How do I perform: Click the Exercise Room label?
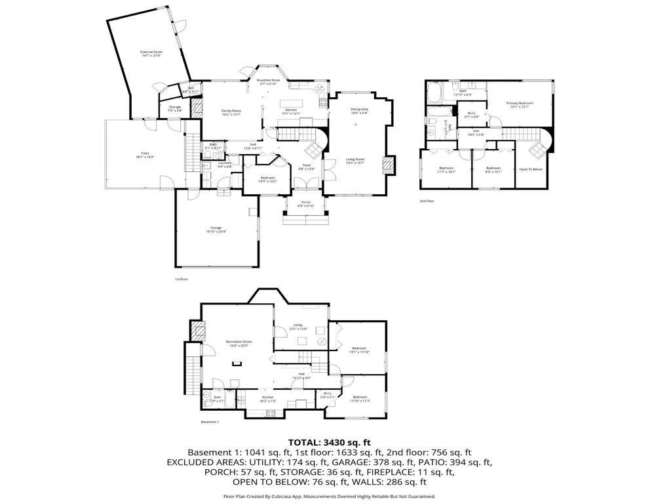tap(151, 53)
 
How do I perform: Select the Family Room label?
tap(231, 112)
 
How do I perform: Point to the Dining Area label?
tap(359, 111)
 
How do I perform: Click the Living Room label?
tap(355, 160)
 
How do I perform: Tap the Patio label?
tap(145, 154)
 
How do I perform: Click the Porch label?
tap(306, 203)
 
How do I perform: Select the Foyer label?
tap(306, 167)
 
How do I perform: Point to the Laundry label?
tap(225, 165)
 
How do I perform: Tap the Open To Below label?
tap(531, 169)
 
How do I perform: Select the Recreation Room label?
tap(239, 343)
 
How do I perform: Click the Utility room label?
tap(297, 326)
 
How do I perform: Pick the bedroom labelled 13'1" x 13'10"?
tap(359, 350)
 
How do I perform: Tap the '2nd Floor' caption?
tap(427, 201)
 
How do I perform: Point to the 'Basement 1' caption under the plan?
tap(210, 422)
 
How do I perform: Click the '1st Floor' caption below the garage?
tap(182, 279)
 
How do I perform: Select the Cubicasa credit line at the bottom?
tap(330, 497)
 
